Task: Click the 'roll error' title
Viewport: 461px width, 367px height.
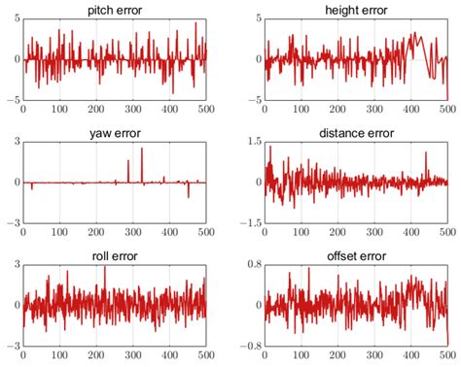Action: click(115, 256)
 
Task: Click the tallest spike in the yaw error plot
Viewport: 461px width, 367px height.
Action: click(141, 149)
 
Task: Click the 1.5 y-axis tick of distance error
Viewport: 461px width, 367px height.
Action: click(252, 142)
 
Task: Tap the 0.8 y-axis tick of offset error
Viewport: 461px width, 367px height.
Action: click(252, 265)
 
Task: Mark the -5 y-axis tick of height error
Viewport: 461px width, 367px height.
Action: click(255, 99)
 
